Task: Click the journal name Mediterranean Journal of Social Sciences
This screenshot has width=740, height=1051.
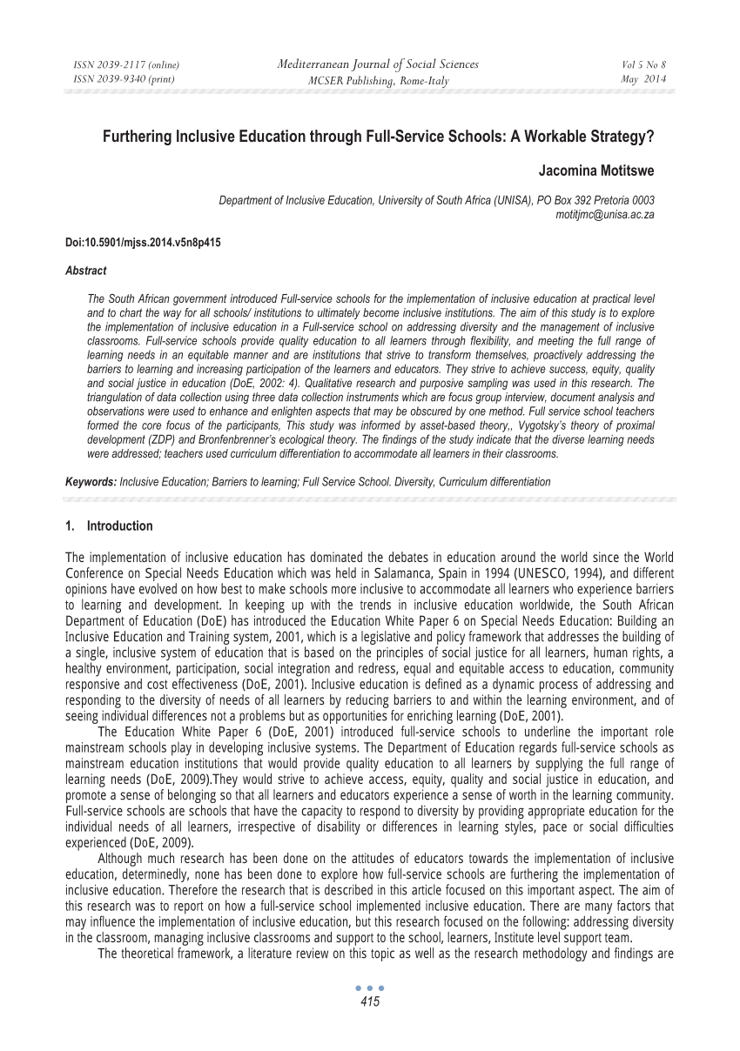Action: (378, 64)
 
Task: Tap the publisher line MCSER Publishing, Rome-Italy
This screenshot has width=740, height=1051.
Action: (378, 80)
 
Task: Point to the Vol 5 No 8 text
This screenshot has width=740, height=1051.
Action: (643, 65)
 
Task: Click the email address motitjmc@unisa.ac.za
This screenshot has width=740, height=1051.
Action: (604, 213)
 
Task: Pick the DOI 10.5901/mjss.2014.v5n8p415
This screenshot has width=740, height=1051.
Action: (143, 243)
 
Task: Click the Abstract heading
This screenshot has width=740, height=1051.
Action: (86, 271)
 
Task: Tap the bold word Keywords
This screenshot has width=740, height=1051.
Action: (91, 481)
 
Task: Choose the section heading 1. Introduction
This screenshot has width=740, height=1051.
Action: (109, 526)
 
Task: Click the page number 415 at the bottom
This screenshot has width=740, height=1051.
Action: (370, 1002)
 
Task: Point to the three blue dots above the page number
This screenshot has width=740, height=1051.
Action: (370, 989)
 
